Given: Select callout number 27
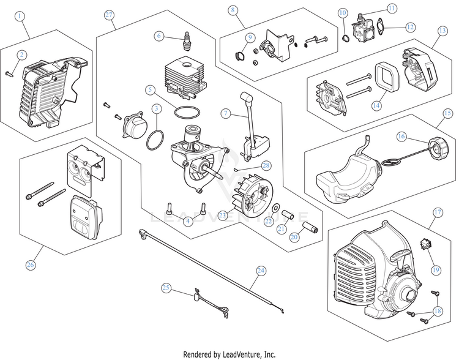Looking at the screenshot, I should tap(110, 14).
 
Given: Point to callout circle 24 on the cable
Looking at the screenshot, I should tap(261, 270).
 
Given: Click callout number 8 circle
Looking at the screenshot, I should tap(232, 10).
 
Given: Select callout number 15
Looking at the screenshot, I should tap(447, 113).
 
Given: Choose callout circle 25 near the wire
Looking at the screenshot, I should tap(166, 287).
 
